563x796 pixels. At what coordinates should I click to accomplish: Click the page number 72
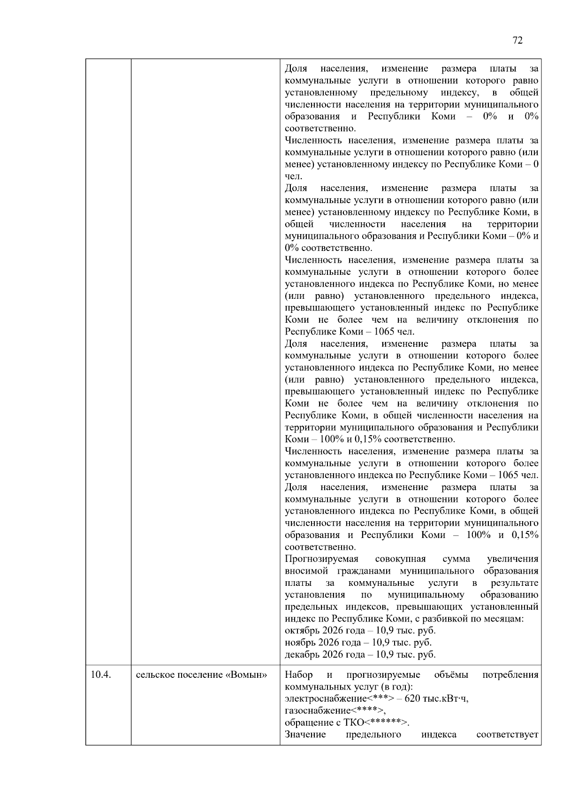click(517, 40)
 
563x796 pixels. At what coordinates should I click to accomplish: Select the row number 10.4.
click(100, 675)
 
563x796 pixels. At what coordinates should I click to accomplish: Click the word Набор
click(298, 675)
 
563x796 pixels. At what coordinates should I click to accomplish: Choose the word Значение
click(305, 735)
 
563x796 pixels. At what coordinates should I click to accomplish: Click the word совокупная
click(400, 559)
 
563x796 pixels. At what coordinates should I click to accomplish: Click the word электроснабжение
click(326, 699)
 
